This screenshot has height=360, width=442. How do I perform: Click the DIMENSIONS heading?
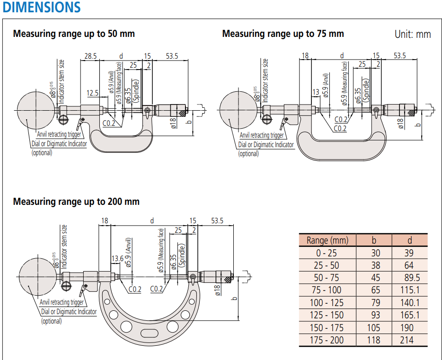pos(42,7)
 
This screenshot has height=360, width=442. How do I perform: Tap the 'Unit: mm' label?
pos(413,34)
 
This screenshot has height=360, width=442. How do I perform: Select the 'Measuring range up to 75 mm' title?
pos(283,34)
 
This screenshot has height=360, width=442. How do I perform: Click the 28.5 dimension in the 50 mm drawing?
pos(90,56)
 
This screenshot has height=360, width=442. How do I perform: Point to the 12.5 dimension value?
pos(93,92)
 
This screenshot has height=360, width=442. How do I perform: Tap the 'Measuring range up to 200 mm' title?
pos(76,202)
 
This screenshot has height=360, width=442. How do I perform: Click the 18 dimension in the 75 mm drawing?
pos(305,56)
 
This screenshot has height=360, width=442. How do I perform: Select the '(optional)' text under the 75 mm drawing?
pos(248,153)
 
